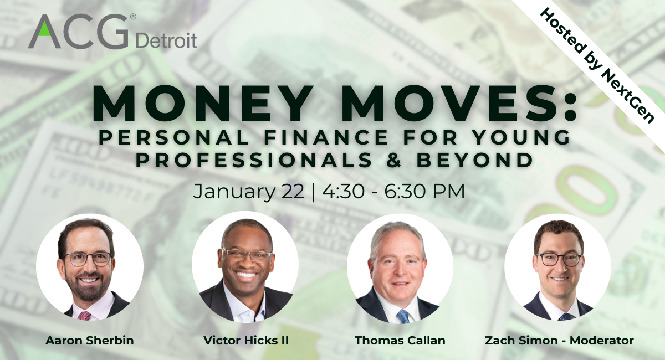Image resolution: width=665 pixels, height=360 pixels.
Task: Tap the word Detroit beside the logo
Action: click(166, 41)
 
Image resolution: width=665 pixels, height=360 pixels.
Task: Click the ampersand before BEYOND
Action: click(394, 160)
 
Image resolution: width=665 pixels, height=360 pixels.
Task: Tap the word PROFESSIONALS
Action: click(254, 160)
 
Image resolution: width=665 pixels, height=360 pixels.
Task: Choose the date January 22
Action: click(249, 192)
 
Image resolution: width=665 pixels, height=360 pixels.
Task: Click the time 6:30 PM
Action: click(424, 192)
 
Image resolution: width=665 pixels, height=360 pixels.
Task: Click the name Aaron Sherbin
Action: click(90, 341)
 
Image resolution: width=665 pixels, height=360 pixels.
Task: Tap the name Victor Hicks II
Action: click(246, 341)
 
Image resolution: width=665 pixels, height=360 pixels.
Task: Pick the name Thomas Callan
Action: click(400, 341)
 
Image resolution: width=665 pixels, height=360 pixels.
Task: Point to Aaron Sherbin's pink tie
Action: click(85, 315)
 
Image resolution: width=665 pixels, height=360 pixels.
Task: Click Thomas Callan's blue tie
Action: click(403, 316)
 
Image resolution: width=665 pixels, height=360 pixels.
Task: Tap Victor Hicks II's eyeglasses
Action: click(247, 255)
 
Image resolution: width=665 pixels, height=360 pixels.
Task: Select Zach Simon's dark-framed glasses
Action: click(559, 260)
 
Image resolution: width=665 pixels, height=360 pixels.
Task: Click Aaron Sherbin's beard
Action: click(88, 286)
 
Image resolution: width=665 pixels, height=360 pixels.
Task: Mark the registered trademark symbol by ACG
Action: click(134, 17)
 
